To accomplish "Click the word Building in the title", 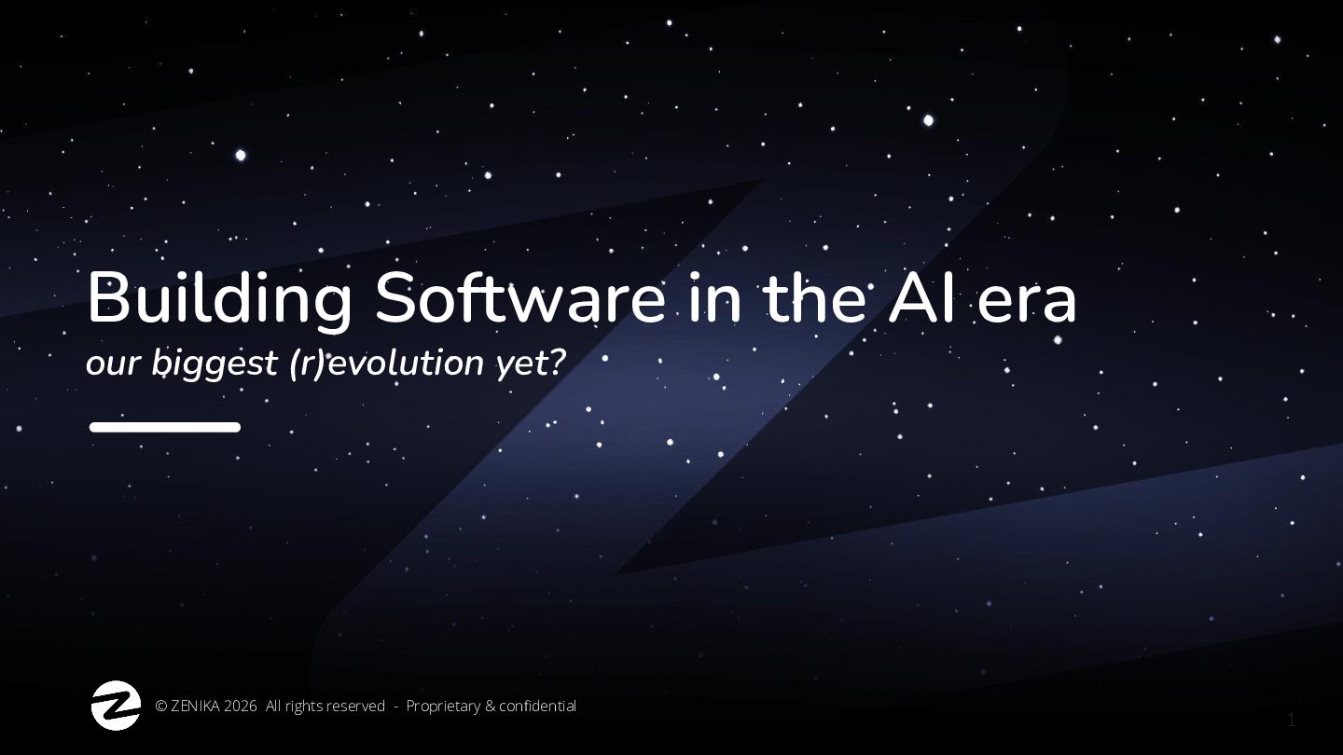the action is (219, 299).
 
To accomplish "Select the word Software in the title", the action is (519, 297).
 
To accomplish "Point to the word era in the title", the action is (1027, 305).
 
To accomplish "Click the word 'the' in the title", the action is (815, 298).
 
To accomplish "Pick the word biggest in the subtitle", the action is (215, 364).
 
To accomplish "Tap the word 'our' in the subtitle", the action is (114, 365).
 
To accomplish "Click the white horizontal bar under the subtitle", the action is (165, 427).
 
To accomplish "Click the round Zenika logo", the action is (116, 706).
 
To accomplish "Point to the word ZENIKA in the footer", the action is (196, 707).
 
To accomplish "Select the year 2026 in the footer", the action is (241, 707).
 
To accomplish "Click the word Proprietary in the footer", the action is (443, 707).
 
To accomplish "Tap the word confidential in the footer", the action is (537, 707).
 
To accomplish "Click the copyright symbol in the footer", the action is (161, 707).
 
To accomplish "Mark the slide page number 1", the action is (1292, 721).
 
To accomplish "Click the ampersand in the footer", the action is (490, 707).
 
